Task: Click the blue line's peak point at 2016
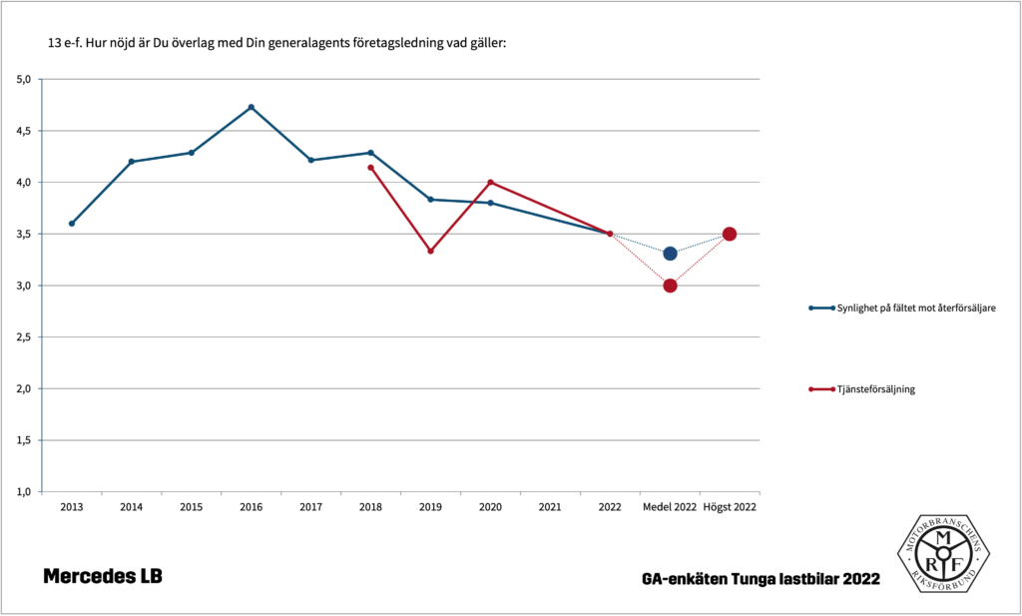pyautogui.click(x=251, y=107)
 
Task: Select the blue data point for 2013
pyautogui.click(x=72, y=224)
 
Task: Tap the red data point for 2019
pyautogui.click(x=430, y=251)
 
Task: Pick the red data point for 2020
pyautogui.click(x=490, y=182)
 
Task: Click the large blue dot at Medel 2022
pyautogui.click(x=670, y=254)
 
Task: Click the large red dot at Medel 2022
pyautogui.click(x=670, y=286)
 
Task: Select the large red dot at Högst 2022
pyautogui.click(x=730, y=234)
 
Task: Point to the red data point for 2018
pyautogui.click(x=370, y=168)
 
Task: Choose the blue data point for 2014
pyautogui.click(x=132, y=162)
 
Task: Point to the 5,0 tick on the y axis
pyautogui.click(x=25, y=79)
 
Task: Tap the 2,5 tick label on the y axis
pyautogui.click(x=25, y=337)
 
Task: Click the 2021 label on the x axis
pyautogui.click(x=550, y=507)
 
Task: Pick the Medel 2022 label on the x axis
pyautogui.click(x=670, y=507)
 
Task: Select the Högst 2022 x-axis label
pyautogui.click(x=730, y=507)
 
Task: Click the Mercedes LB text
pyautogui.click(x=102, y=577)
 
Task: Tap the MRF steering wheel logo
pyautogui.click(x=942, y=554)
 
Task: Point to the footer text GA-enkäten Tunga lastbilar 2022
pyautogui.click(x=762, y=579)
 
